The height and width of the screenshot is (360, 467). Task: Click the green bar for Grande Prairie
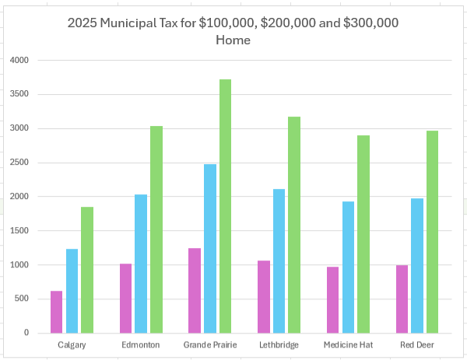[226, 206]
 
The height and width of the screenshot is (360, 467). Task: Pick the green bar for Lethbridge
[294, 225]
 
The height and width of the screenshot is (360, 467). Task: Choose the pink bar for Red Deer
[402, 299]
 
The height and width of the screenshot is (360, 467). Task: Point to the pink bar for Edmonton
[125, 298]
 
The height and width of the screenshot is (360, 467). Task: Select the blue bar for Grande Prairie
[210, 248]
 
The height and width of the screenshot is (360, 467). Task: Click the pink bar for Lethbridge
[264, 296]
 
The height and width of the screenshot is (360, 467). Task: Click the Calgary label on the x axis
[72, 344]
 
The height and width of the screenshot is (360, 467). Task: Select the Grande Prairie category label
[210, 344]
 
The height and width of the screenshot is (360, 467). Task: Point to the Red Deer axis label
[417, 344]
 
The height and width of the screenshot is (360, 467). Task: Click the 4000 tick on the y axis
[18, 60]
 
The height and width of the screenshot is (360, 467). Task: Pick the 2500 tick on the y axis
[18, 163]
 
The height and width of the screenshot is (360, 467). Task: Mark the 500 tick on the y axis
[21, 299]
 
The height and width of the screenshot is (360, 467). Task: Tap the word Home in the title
[233, 40]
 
